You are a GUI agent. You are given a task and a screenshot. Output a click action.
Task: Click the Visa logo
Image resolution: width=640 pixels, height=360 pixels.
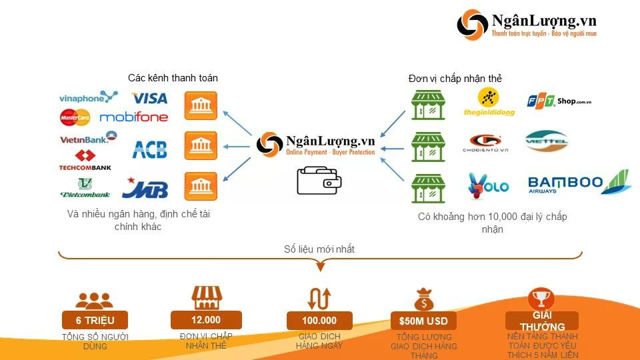(149, 99)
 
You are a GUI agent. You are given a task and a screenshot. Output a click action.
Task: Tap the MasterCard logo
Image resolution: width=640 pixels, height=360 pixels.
(75, 117)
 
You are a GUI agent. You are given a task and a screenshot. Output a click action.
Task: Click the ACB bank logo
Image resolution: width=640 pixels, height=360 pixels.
(149, 149)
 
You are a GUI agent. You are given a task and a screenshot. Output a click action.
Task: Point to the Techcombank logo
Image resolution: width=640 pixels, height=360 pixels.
(85, 161)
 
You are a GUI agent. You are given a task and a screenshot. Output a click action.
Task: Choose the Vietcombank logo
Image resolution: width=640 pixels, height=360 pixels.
(85, 188)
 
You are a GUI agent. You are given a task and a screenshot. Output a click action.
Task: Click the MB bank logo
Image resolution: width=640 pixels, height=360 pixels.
(145, 188)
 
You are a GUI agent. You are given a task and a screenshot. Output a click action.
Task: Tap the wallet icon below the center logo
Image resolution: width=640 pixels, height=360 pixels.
(319, 180)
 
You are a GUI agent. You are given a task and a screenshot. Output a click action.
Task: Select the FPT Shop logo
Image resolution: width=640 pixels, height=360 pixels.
(559, 101)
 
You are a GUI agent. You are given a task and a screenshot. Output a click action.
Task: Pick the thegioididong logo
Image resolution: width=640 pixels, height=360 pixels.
(489, 104)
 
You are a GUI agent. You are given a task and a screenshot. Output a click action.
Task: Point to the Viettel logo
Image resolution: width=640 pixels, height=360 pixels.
(546, 141)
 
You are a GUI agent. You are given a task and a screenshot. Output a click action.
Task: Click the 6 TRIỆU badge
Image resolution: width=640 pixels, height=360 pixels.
(94, 320)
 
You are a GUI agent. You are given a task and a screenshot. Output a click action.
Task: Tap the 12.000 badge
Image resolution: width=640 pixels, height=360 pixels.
(205, 319)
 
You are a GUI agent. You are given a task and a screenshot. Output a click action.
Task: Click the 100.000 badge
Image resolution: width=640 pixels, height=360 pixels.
(319, 320)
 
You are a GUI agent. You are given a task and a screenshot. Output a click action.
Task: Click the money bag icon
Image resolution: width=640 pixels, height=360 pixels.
(424, 299)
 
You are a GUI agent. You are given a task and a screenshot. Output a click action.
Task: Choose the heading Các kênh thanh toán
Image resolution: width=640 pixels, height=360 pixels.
(173, 78)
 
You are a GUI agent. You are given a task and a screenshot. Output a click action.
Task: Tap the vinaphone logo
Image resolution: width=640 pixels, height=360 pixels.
(88, 98)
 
